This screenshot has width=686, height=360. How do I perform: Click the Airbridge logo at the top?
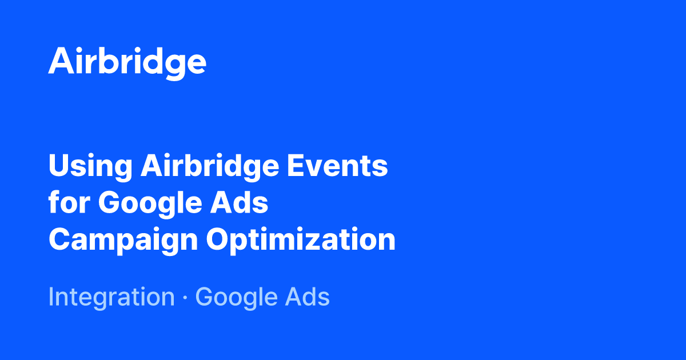[127, 62]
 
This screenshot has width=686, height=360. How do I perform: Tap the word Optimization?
[301, 241]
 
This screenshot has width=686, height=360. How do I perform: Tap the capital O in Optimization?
[218, 239]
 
